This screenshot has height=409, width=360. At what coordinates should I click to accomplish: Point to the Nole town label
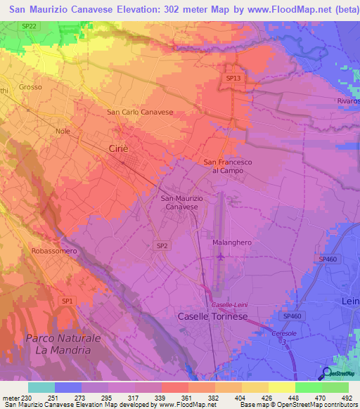[63, 131]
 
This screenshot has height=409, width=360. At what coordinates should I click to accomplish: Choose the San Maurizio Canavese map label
[182, 203]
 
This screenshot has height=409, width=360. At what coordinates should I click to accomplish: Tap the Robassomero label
[53, 251]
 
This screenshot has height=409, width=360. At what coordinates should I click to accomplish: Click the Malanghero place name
[231, 242]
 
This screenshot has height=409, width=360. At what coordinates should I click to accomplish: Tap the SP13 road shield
[233, 79]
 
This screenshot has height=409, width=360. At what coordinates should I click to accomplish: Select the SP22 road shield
[28, 25]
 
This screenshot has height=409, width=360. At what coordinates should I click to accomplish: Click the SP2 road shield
[162, 245]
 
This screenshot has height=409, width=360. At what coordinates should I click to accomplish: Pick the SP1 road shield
[67, 301]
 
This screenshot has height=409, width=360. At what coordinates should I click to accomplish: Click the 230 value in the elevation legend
[27, 398]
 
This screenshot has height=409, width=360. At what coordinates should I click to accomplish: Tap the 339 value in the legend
[160, 398]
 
